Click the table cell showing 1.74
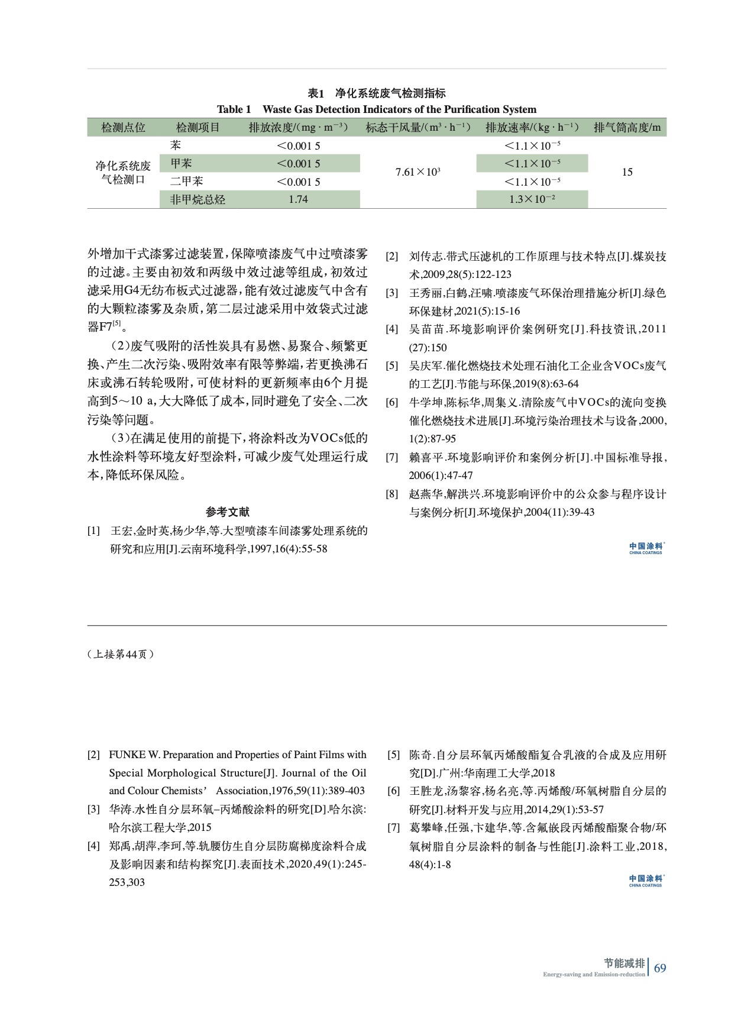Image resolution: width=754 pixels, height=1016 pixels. click(x=298, y=200)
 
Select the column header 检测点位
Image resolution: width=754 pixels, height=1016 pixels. click(x=123, y=128)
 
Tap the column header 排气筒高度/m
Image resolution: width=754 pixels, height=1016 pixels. click(x=627, y=128)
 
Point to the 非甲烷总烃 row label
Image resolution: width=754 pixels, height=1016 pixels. click(x=198, y=200)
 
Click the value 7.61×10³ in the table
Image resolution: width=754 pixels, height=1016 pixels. click(x=418, y=172)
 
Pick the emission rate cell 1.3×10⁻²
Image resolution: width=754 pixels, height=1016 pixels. click(x=532, y=200)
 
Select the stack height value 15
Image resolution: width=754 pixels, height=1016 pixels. click(x=627, y=172)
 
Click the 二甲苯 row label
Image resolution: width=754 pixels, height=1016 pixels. click(x=186, y=182)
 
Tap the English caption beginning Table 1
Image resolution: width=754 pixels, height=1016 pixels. click(x=377, y=109)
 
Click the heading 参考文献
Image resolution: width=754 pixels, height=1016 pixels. click(x=228, y=512)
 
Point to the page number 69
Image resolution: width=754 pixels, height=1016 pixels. click(x=660, y=968)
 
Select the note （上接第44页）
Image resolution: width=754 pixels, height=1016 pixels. click(x=121, y=654)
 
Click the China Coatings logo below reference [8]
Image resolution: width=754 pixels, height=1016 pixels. click(x=646, y=548)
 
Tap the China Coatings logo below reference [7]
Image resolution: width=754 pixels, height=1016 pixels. click(x=646, y=881)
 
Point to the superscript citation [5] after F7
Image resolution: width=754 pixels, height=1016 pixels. click(x=117, y=323)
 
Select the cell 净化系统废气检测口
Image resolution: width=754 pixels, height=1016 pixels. click(x=123, y=173)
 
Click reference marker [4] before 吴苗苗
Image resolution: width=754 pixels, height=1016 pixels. click(x=391, y=329)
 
